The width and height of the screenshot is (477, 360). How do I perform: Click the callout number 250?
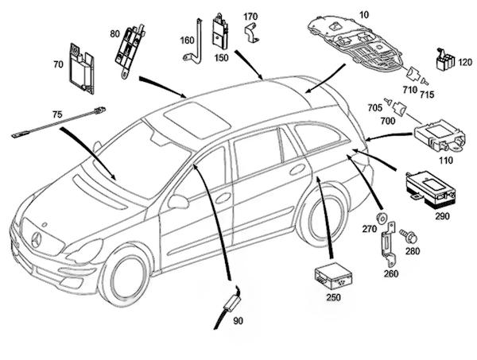pyautogui.click(x=333, y=297)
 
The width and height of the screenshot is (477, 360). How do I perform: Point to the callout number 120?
pyautogui.click(x=466, y=61)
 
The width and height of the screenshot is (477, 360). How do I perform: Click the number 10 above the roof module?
pyautogui.click(x=343, y=14)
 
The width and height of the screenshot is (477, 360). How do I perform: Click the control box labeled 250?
pyautogui.click(x=332, y=275)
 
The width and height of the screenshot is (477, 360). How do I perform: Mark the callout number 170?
pyautogui.click(x=250, y=17)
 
